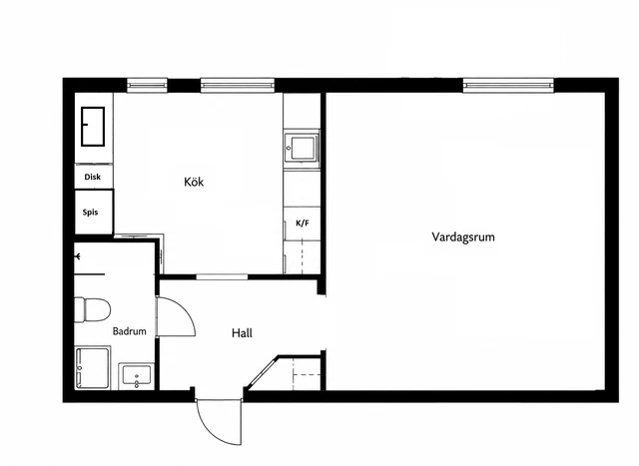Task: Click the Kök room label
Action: tap(194, 182)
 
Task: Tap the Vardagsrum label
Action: tap(463, 236)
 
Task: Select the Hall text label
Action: tap(242, 333)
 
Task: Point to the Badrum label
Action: tap(129, 331)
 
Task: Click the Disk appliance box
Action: tap(93, 177)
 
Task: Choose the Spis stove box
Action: tap(93, 212)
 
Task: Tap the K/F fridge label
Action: tap(302, 223)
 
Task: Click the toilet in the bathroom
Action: tap(92, 309)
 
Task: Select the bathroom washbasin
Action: tap(137, 375)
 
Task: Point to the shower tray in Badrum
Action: tap(92, 368)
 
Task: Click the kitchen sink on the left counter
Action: tap(93, 127)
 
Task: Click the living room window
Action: tap(508, 86)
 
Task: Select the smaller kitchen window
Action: tap(147, 85)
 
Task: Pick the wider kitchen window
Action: tap(238, 85)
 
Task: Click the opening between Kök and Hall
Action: tap(222, 277)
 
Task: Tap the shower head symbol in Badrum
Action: tap(78, 256)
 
